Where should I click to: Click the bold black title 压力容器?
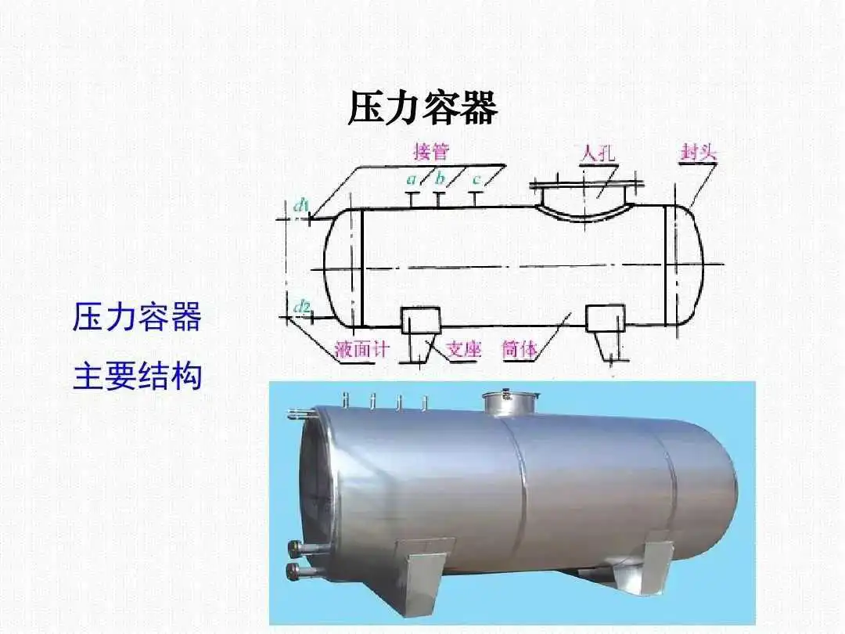(422, 108)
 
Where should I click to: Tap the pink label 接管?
(431, 152)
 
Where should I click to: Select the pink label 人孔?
(597, 153)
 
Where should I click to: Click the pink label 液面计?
(361, 349)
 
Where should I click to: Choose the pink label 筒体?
(520, 349)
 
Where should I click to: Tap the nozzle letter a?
(412, 179)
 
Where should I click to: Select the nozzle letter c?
(476, 179)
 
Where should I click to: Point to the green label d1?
(300, 205)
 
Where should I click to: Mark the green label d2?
(302, 308)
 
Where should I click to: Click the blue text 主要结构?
(138, 376)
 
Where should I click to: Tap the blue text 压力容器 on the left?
(138, 316)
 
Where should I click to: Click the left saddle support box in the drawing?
(421, 319)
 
